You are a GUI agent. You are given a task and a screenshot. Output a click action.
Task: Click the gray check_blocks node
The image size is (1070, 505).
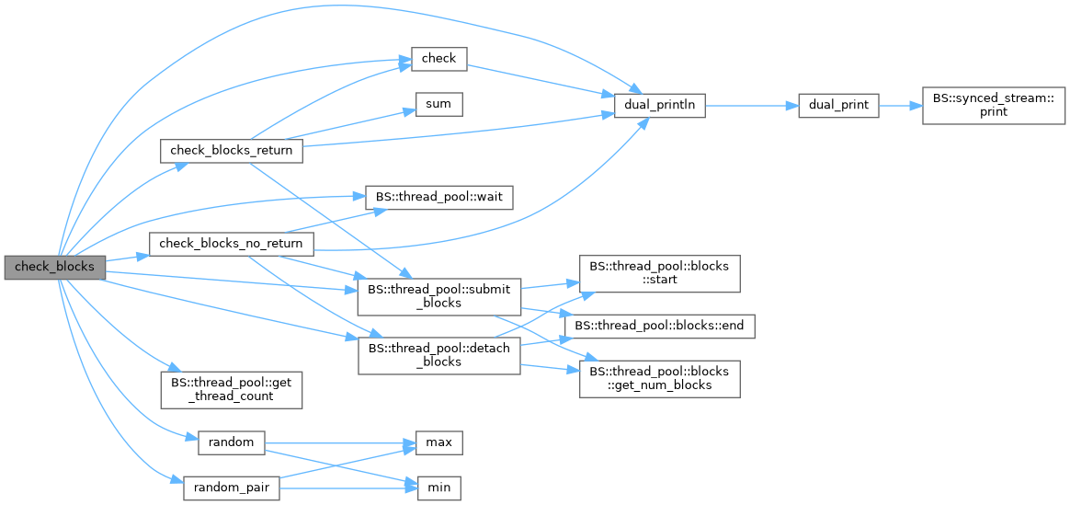[54, 267]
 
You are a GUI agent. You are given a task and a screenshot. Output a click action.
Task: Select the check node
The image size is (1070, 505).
[438, 59]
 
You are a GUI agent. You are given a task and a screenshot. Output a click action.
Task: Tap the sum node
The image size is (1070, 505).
[438, 104]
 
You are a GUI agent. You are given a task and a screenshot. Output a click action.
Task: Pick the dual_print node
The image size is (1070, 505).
[839, 105]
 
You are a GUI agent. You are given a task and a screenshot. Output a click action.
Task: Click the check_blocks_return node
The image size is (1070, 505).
[231, 151]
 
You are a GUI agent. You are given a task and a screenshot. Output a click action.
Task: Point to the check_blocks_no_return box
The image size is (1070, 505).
[231, 244]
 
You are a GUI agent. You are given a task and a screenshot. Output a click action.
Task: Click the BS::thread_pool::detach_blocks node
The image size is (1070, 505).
[438, 354]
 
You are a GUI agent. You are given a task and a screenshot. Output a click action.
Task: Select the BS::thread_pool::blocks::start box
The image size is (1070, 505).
[659, 272]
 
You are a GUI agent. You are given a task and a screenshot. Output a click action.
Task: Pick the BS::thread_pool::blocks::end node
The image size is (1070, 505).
[659, 325]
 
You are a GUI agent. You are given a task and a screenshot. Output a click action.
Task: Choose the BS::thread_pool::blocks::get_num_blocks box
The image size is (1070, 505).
[659, 377]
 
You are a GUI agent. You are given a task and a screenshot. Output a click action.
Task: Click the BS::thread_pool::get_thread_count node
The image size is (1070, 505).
[231, 390]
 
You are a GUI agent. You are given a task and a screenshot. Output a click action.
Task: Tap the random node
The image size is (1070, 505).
[231, 442]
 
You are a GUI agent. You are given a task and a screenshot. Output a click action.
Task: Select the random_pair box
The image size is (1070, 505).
[231, 488]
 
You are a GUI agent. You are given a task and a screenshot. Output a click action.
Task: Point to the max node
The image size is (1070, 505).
[438, 442]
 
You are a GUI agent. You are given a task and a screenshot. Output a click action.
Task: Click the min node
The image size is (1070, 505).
[438, 488]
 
